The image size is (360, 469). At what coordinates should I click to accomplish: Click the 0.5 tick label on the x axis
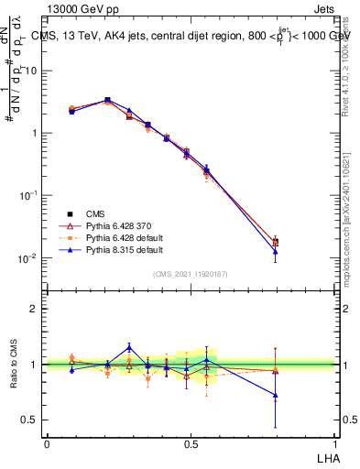click(191, 442)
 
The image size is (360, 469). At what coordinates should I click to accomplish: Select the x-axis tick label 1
click(335, 442)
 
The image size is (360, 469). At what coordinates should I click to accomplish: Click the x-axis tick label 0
click(47, 442)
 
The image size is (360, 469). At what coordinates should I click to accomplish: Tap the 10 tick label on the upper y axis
click(33, 71)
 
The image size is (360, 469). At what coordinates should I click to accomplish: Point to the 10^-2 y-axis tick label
click(29, 258)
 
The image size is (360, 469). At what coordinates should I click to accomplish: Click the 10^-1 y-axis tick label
click(29, 196)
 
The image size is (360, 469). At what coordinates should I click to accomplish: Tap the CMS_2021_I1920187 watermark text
click(191, 274)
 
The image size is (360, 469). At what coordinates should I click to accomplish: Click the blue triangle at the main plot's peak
click(107, 100)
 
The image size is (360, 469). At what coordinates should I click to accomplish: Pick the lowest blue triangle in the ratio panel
click(276, 396)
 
